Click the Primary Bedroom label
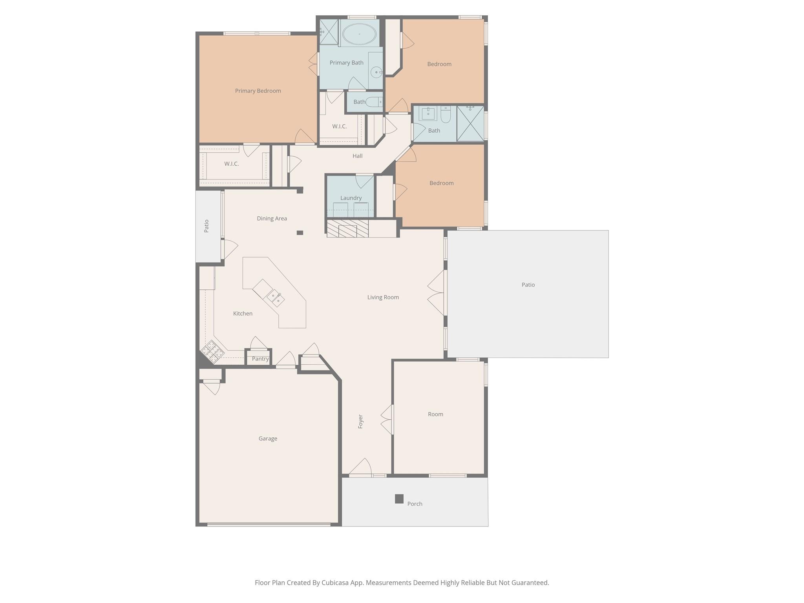[x=258, y=91]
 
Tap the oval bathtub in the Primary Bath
[x=359, y=34]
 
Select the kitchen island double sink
[x=275, y=298]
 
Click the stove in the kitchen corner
[x=212, y=351]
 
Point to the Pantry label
[x=260, y=359]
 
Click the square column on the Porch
[x=399, y=499]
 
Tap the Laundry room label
[x=351, y=198]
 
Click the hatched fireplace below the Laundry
[x=347, y=228]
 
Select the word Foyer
[x=360, y=421]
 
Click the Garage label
[x=268, y=439]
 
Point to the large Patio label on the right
[x=528, y=285]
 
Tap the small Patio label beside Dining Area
[x=206, y=226]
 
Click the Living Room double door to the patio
[x=437, y=292]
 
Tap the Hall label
[x=357, y=156]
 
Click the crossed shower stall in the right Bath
[x=470, y=123]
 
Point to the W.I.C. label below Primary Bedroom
[x=231, y=164]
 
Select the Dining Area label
[x=272, y=218]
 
